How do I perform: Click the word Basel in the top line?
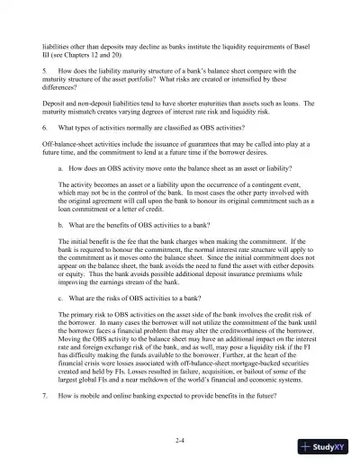coord(307,43)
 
